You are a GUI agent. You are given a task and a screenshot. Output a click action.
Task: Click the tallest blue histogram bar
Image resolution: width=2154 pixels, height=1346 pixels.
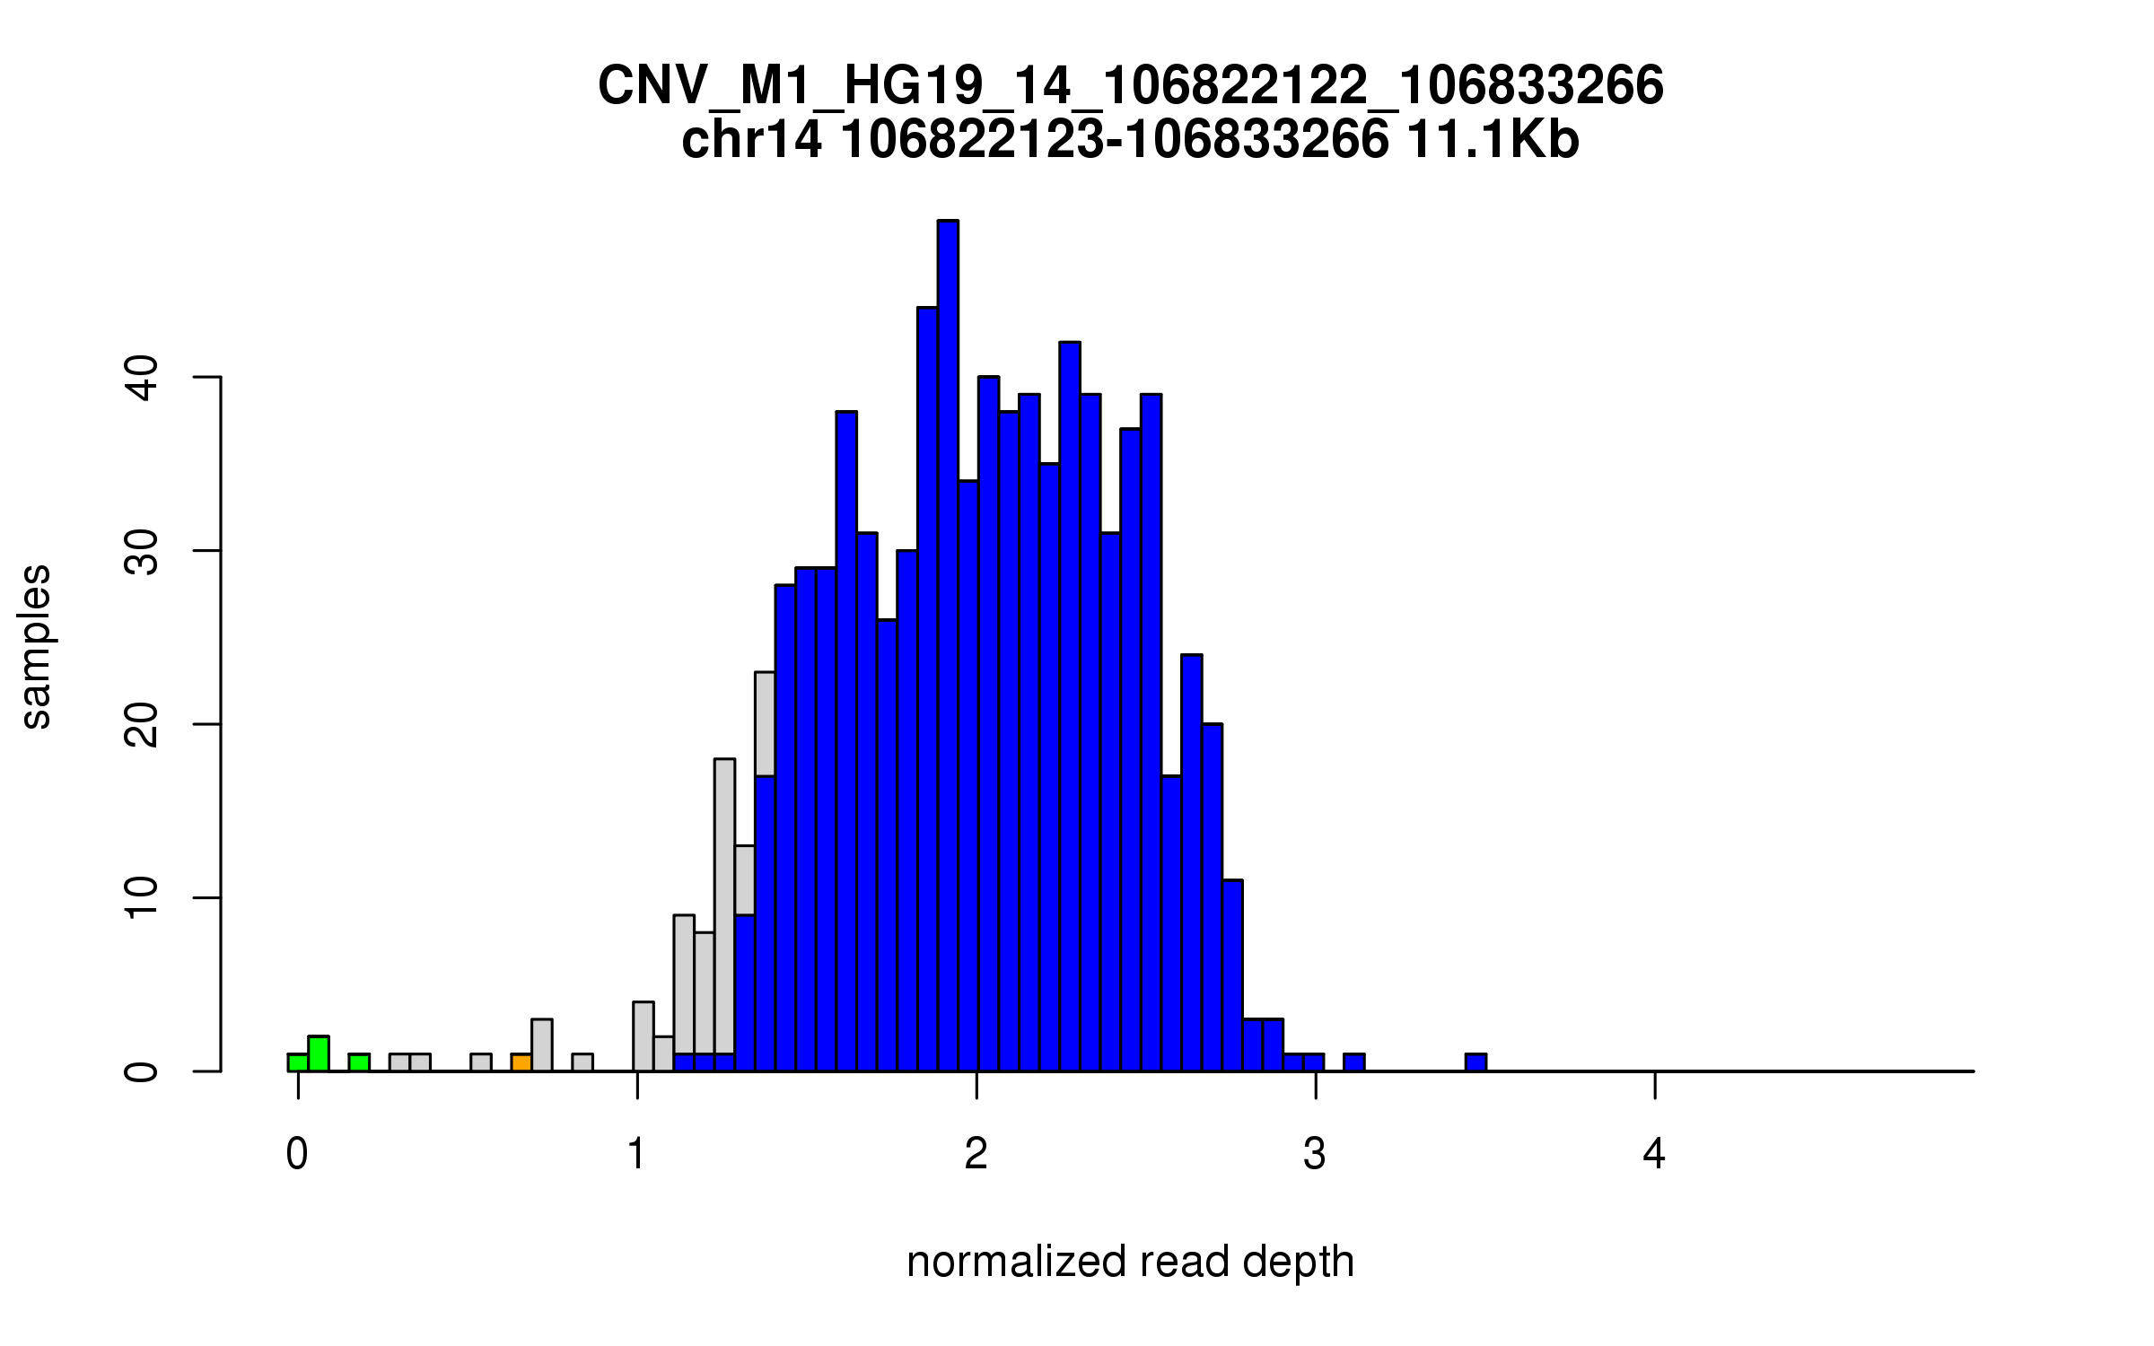948,646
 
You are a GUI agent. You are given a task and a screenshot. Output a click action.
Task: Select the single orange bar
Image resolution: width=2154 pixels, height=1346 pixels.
521,1062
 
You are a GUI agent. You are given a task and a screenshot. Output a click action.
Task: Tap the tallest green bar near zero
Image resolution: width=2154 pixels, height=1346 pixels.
319,1053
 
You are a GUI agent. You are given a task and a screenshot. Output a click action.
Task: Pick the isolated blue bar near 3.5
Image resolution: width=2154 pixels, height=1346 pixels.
1475,1062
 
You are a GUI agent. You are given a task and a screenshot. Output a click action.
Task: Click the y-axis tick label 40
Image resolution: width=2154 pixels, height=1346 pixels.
142,378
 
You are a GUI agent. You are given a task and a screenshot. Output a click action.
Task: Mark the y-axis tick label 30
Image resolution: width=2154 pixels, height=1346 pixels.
142,551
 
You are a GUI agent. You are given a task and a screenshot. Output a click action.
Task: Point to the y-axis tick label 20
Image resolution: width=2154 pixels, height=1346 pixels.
142,724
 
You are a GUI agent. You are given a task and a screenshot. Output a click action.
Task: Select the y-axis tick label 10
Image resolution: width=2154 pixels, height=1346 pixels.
142,897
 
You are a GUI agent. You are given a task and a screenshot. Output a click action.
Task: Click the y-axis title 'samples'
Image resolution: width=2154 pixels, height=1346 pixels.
36,646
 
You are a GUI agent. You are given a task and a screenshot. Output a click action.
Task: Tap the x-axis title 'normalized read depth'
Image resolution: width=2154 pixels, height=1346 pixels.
1130,1262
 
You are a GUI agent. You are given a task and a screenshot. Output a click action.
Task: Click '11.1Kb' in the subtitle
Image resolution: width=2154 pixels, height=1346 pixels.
1493,141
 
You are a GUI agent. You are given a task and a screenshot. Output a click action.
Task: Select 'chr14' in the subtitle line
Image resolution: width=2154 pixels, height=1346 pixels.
751,141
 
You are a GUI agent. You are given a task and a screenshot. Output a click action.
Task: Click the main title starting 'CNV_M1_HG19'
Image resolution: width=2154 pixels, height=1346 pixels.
1130,86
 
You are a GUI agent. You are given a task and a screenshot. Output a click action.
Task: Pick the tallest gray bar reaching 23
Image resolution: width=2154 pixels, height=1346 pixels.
765,723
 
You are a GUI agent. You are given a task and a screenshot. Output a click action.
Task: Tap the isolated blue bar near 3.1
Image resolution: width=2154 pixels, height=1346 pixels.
1353,1062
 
